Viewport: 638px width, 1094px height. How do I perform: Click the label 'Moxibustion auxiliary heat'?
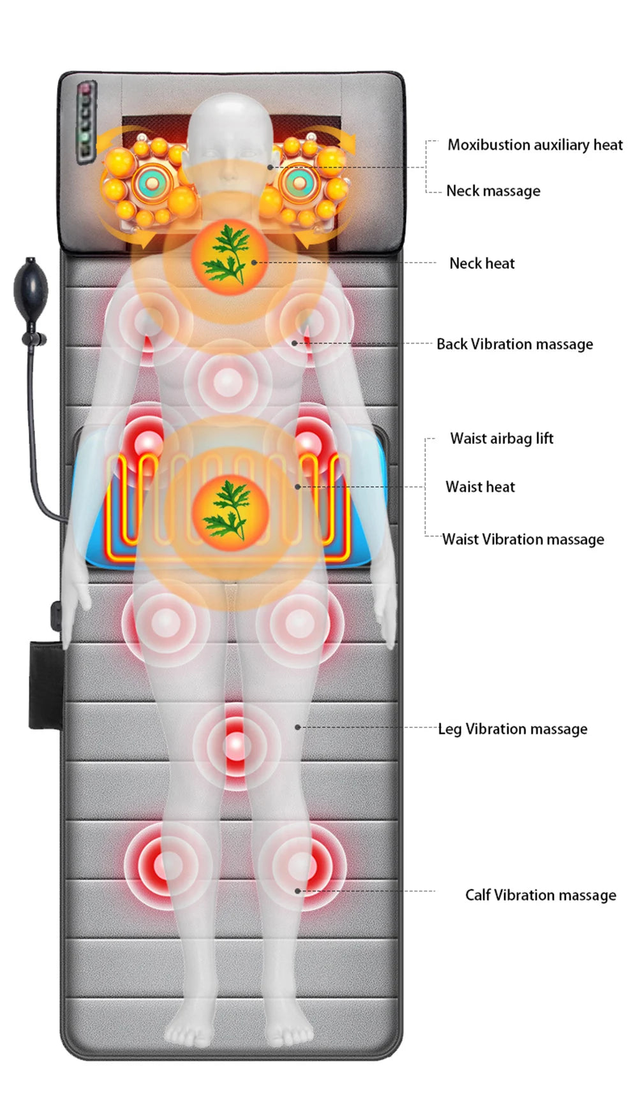(535, 145)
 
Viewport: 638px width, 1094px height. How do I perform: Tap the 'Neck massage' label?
(493, 191)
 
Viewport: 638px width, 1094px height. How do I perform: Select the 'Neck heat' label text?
(482, 263)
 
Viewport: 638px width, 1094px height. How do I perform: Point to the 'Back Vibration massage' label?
(514, 344)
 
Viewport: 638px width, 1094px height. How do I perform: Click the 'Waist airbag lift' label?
(501, 439)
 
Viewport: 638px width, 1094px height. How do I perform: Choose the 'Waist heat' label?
(480, 487)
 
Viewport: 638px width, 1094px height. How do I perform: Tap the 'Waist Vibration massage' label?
(523, 539)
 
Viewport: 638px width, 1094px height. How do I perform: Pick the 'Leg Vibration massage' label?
(512, 729)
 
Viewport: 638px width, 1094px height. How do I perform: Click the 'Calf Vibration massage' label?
(540, 895)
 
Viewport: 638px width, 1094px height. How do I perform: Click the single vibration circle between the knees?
(236, 745)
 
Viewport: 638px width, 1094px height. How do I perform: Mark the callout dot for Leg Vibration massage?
(298, 727)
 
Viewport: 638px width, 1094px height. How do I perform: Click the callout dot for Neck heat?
(254, 262)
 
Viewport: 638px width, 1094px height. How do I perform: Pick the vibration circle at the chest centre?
(228, 383)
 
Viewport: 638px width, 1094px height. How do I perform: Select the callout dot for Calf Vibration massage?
(298, 891)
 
